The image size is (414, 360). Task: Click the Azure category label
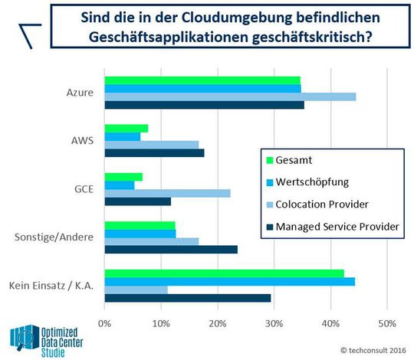tap(80, 93)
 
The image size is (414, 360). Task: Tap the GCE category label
tap(82, 189)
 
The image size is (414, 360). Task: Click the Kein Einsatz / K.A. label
tap(51, 285)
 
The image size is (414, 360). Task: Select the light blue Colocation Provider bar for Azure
tap(230, 97)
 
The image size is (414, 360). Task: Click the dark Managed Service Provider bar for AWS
tap(154, 153)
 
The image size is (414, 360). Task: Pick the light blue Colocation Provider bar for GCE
tap(167, 193)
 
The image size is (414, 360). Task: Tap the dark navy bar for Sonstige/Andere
tap(170, 249)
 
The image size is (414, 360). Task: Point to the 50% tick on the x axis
tap(387, 324)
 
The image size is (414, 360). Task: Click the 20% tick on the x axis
tap(217, 324)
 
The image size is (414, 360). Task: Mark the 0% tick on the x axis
tap(104, 324)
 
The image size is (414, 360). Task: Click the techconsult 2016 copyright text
tap(373, 348)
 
